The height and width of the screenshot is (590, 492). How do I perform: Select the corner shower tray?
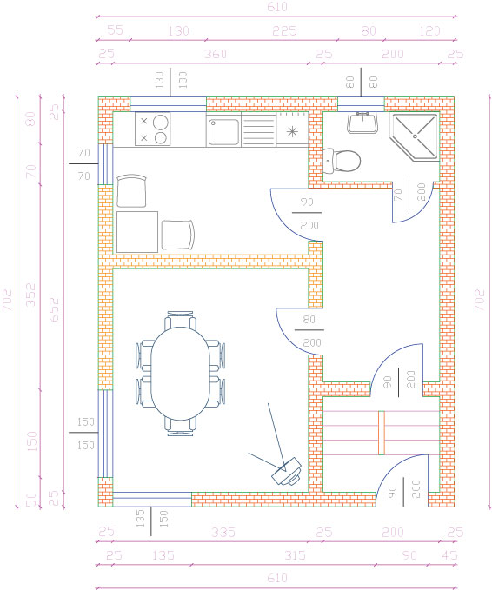point(415,137)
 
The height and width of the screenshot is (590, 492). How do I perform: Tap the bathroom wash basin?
point(362,123)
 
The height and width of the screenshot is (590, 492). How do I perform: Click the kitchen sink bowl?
point(223,132)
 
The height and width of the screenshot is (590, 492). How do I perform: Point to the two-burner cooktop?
point(152,129)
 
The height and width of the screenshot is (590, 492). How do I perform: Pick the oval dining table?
point(180,373)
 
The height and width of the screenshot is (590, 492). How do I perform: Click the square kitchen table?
point(137,232)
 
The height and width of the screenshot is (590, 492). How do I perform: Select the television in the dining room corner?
point(287,472)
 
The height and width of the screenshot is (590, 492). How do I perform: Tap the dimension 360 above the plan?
point(216,54)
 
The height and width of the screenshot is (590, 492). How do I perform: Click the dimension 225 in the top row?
point(284,31)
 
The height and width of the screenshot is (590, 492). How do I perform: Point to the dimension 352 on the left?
point(31,295)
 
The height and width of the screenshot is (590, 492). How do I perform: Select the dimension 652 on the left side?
point(55,309)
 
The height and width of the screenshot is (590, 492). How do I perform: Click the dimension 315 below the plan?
point(296,555)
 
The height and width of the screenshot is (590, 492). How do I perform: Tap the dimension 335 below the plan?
point(223,532)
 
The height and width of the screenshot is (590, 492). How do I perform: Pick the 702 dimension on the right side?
point(479,300)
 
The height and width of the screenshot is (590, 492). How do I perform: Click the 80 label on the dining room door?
point(309,320)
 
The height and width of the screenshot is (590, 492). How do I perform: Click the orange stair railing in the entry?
point(382,433)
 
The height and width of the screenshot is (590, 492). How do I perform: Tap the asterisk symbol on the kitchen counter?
point(292,132)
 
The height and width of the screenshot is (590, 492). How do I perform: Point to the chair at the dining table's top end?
point(180,319)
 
